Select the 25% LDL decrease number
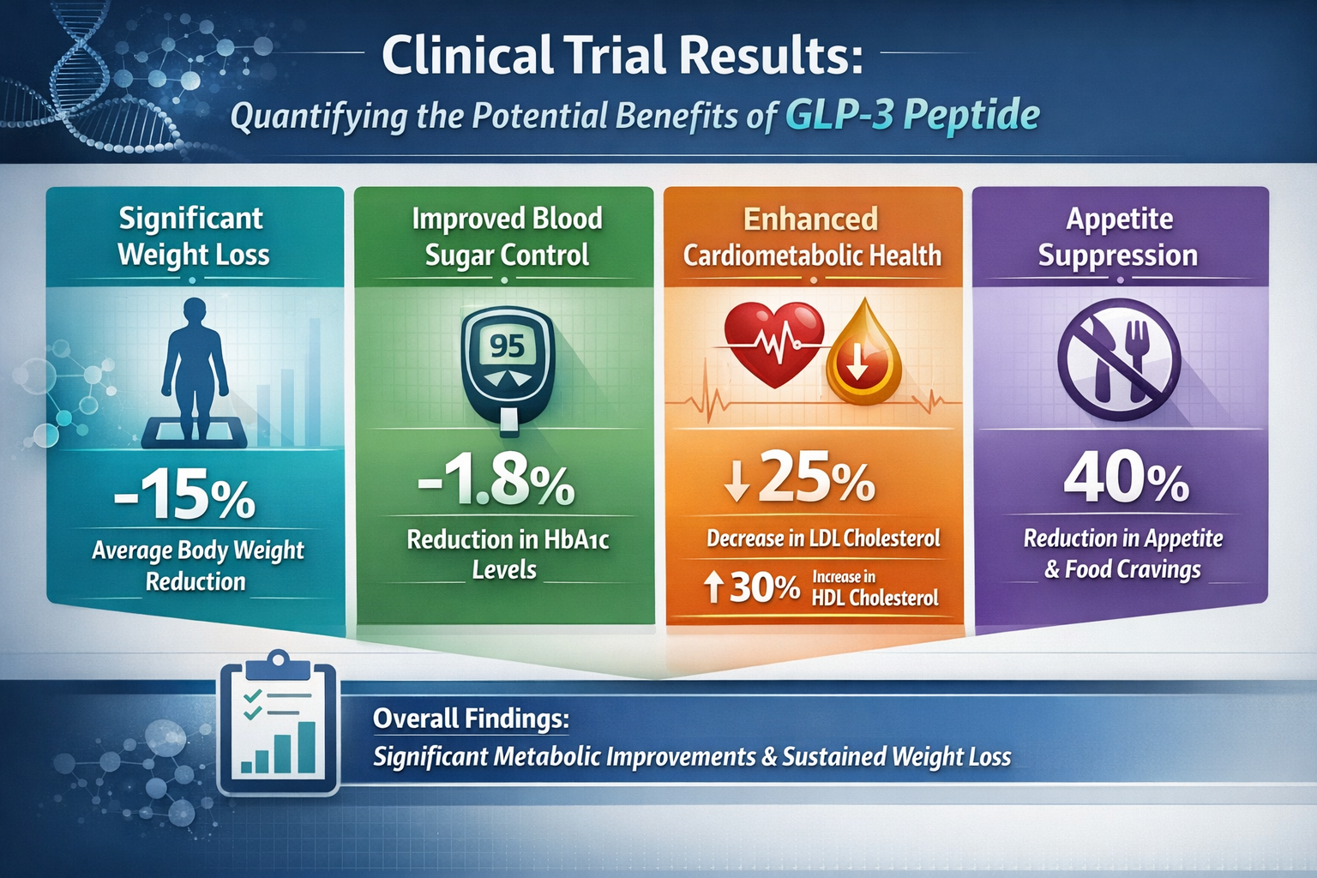(x=815, y=478)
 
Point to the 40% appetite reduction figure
(x=1126, y=478)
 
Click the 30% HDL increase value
(x=764, y=588)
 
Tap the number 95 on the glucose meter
(x=507, y=346)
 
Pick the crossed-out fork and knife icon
(x=1119, y=359)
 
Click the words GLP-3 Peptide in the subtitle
(x=911, y=115)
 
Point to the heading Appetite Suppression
(x=1118, y=237)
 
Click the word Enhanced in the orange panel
(x=810, y=219)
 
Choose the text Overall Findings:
(x=471, y=719)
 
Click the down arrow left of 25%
(x=736, y=482)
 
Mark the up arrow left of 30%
(x=712, y=588)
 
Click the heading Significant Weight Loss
(x=193, y=237)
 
